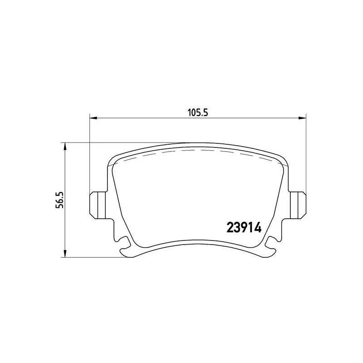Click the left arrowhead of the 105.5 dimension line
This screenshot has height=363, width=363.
pos(93,118)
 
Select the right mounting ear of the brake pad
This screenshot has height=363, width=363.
pos(298,203)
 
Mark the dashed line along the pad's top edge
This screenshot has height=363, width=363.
pos(195,152)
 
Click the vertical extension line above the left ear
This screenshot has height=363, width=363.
pos(90,154)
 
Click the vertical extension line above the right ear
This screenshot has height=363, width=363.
pos(305,154)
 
